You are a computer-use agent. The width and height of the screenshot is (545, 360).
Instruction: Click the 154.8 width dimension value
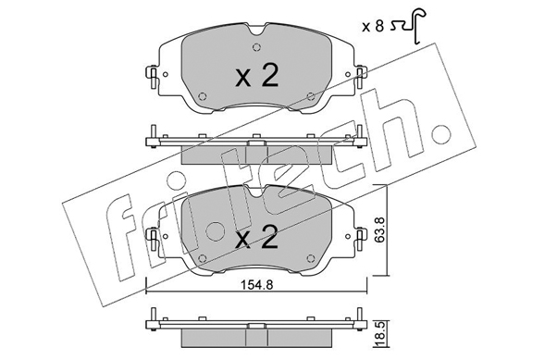coord(256,285)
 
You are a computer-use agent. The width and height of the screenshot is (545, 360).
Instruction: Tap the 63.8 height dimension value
coord(379,230)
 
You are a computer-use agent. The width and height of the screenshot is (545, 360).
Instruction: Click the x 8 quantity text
coord(373,26)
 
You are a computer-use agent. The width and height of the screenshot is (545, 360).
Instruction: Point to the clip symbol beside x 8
coord(410,26)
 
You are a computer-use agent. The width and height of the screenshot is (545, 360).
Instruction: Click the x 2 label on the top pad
coord(257,77)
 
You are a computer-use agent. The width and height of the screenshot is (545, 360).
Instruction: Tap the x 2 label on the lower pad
coord(256,237)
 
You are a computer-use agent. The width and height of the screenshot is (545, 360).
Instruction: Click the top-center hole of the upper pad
coord(256,47)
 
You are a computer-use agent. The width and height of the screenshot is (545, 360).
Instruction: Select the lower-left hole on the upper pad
coord(202,96)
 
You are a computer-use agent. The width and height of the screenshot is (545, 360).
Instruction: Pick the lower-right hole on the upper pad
coord(311,96)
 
